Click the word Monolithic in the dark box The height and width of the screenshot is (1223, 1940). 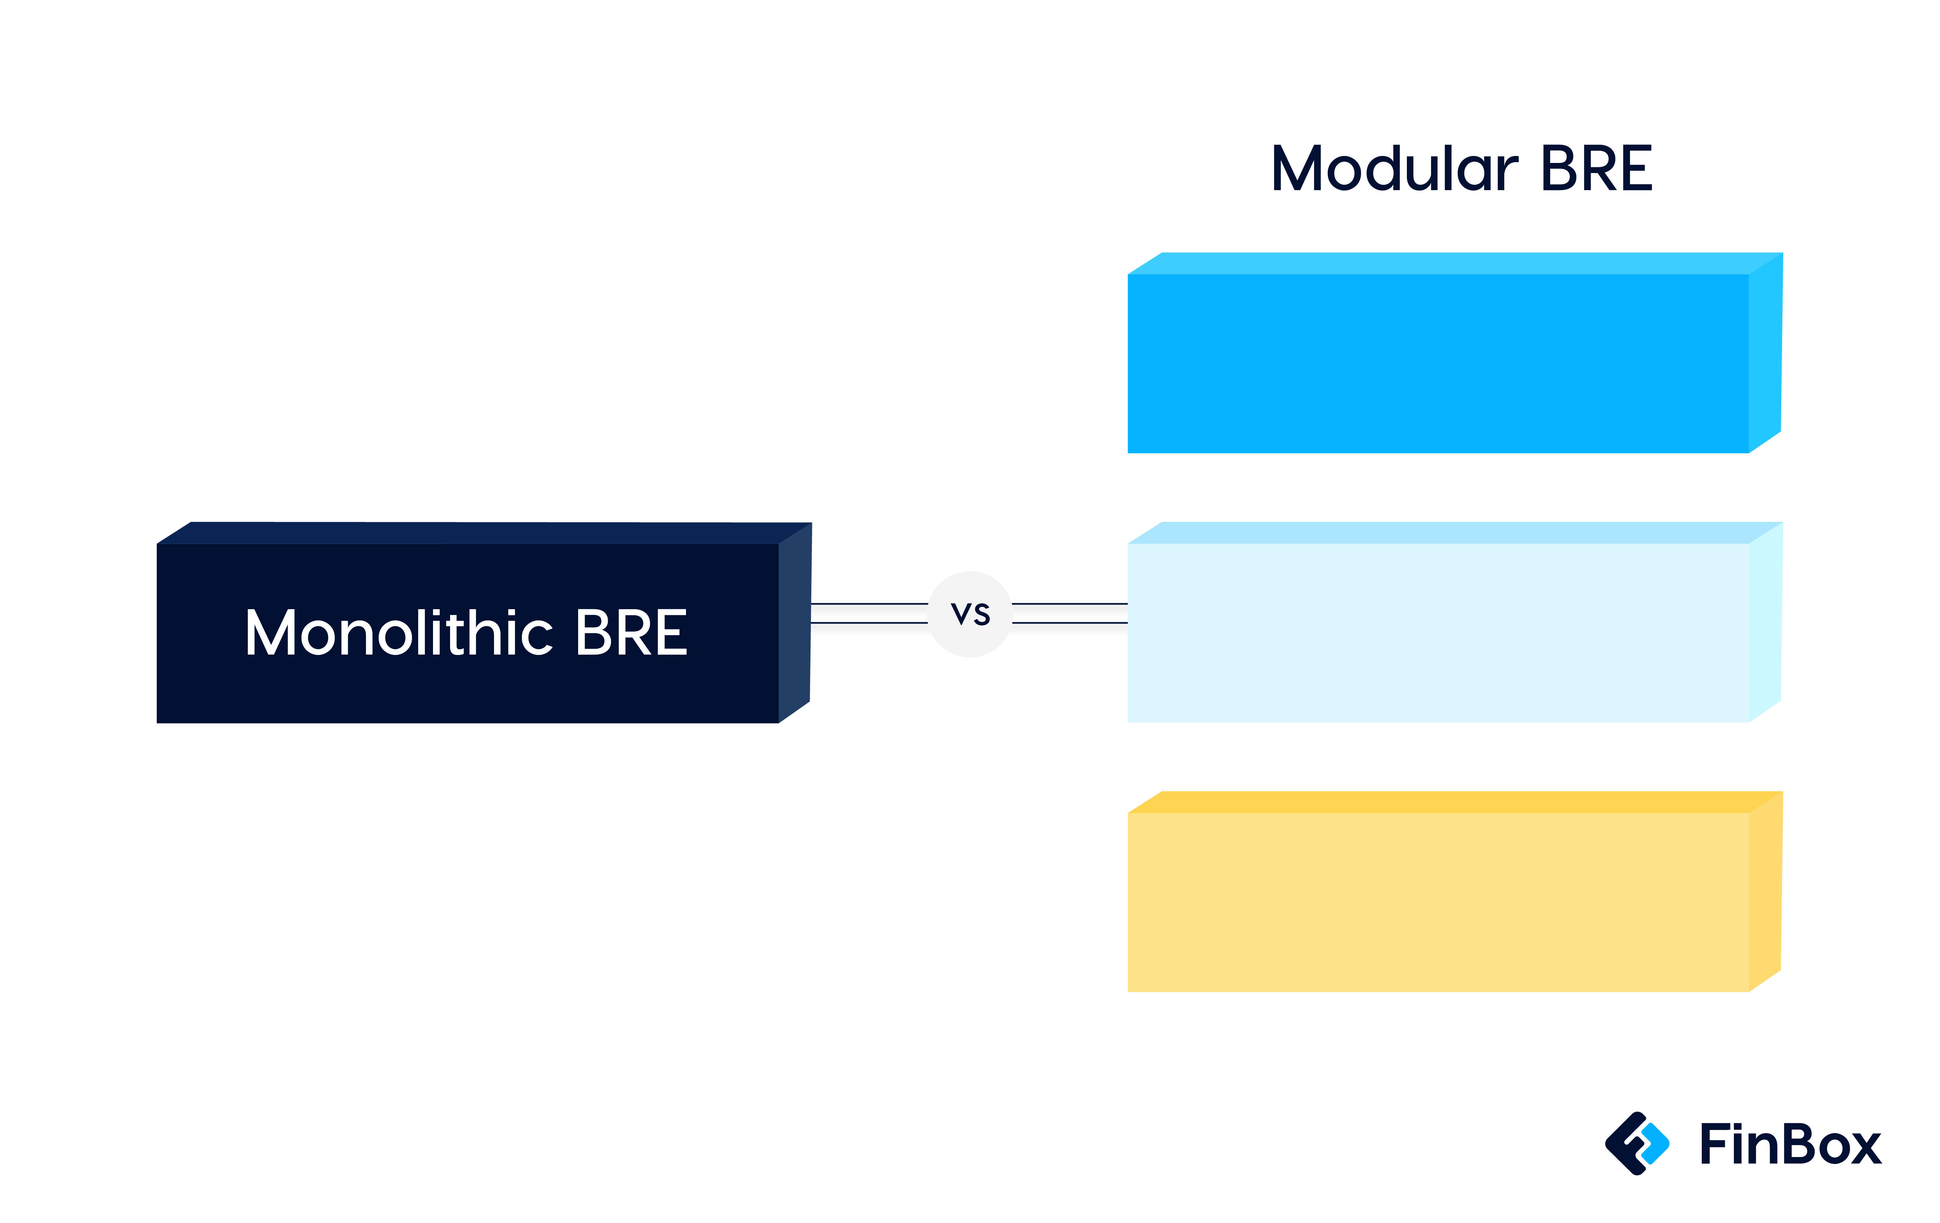399,632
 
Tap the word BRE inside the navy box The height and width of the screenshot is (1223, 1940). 632,632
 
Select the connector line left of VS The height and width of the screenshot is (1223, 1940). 869,613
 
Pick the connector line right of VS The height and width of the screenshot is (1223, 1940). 1070,613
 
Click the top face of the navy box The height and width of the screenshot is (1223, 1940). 484,534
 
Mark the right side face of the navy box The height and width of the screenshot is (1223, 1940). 794,623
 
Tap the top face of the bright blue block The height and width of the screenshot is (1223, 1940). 1455,263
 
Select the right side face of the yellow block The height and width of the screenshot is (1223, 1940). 1765,891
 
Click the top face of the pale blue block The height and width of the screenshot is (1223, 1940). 1455,533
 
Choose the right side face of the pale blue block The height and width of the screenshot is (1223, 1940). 1765,622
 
